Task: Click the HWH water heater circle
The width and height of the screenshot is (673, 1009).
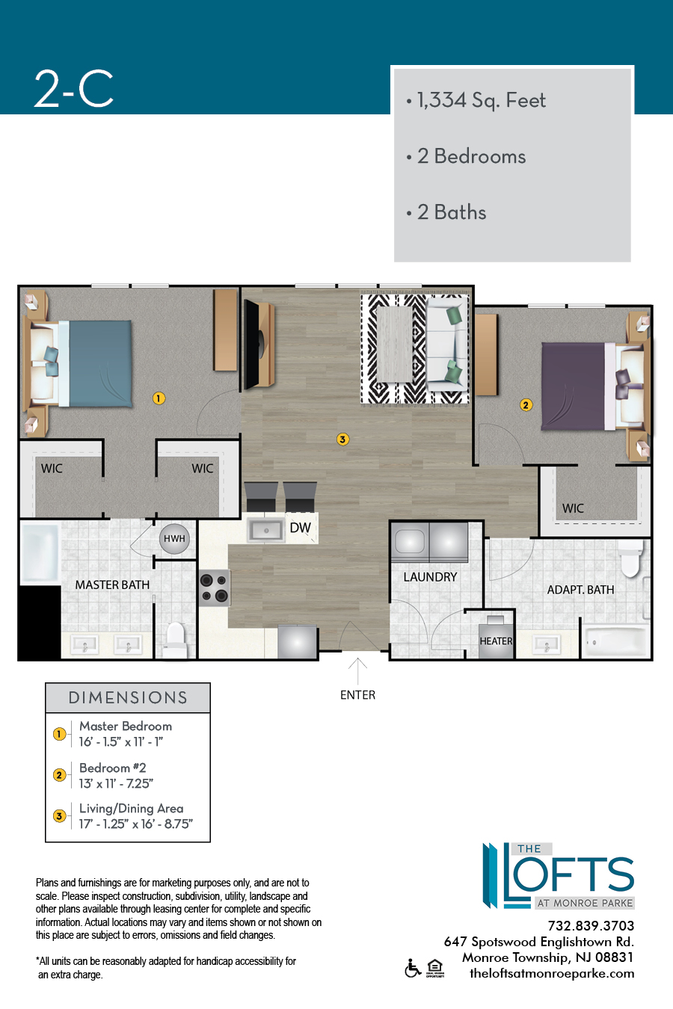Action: pyautogui.click(x=174, y=538)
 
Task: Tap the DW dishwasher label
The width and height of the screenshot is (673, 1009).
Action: pyautogui.click(x=300, y=528)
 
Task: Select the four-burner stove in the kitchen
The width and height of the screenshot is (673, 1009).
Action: pyautogui.click(x=215, y=587)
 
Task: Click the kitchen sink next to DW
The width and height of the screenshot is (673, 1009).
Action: pyautogui.click(x=266, y=531)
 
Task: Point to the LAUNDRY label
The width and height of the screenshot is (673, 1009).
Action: pyautogui.click(x=430, y=577)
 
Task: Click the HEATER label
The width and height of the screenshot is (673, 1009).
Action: pyautogui.click(x=496, y=641)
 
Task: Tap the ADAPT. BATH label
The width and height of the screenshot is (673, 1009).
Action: pyautogui.click(x=580, y=590)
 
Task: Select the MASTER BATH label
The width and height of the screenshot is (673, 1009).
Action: pyautogui.click(x=112, y=584)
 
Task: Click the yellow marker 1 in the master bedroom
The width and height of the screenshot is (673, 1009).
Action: pyautogui.click(x=159, y=398)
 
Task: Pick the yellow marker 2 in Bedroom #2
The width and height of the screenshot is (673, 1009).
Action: pyautogui.click(x=526, y=405)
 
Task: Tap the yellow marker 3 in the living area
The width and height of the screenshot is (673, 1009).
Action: pyautogui.click(x=342, y=439)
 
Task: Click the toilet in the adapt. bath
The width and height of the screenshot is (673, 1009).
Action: pyautogui.click(x=631, y=558)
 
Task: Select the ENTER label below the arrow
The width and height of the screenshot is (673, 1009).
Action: pyautogui.click(x=358, y=695)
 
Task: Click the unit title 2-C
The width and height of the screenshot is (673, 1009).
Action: pyautogui.click(x=74, y=89)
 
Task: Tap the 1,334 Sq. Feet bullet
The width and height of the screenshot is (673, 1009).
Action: pyautogui.click(x=476, y=100)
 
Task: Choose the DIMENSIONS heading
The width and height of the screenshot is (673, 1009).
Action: pyautogui.click(x=128, y=698)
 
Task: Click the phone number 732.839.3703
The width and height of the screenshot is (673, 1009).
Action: pyautogui.click(x=591, y=926)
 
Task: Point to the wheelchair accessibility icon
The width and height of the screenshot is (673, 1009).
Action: pyautogui.click(x=413, y=968)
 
